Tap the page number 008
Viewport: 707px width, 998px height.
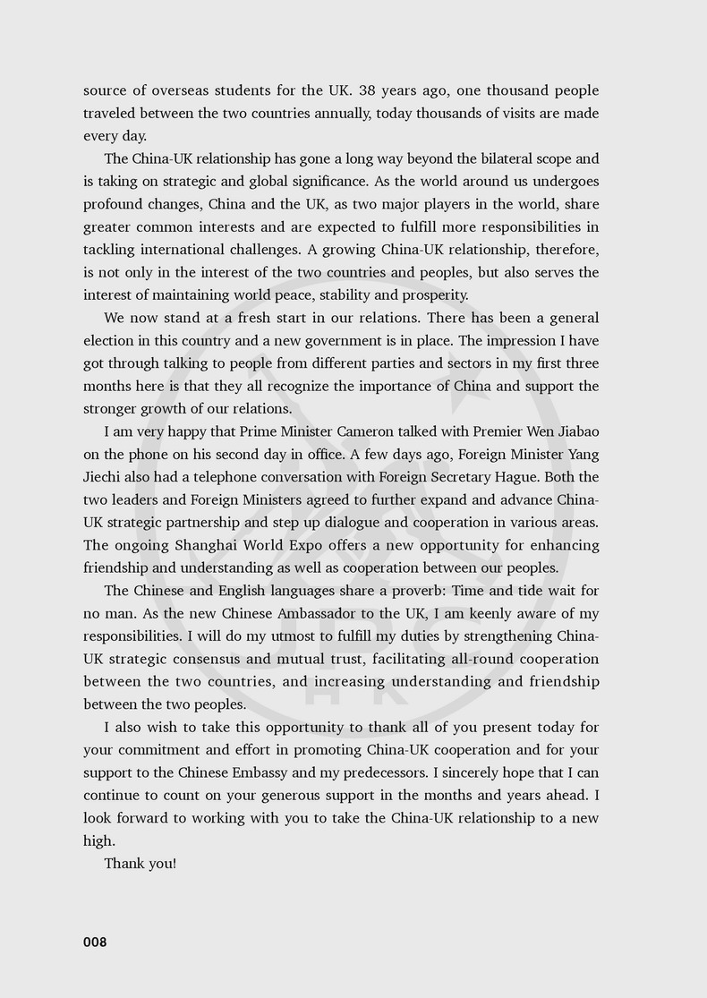[95, 942]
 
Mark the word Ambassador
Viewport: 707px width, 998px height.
[307, 613]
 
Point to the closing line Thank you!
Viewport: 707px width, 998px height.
[140, 864]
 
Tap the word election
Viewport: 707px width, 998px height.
[111, 340]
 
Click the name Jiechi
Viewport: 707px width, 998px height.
[105, 477]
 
